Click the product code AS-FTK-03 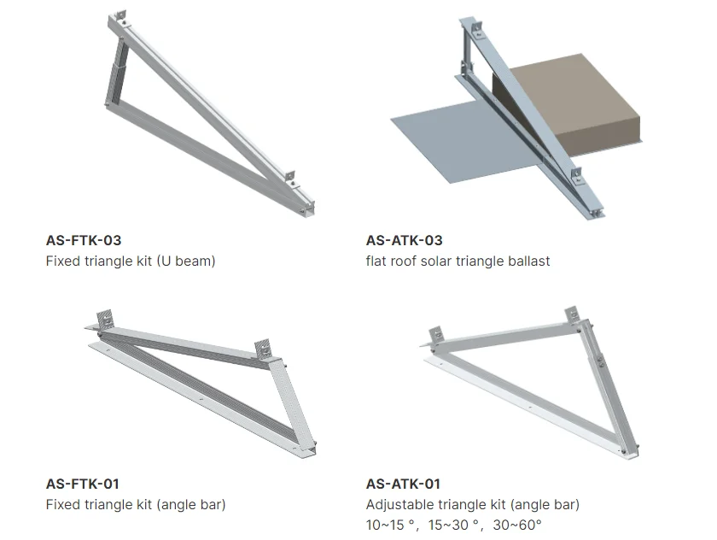coord(84,240)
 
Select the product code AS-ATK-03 coord(404,240)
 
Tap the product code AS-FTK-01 coord(83,484)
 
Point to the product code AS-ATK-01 coord(403,484)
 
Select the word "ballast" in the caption coord(527,261)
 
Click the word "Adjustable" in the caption coord(399,504)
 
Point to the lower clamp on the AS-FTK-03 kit coord(292,176)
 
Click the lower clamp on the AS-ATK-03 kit coord(578,176)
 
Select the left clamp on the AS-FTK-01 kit coord(106,318)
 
